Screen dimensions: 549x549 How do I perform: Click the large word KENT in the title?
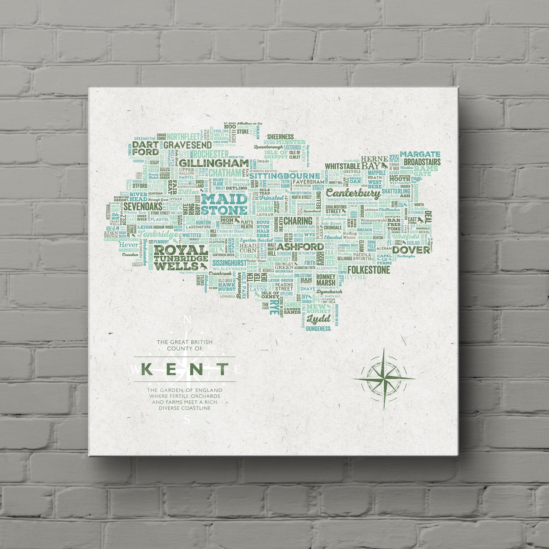185,369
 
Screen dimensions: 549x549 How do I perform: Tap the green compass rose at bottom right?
384,378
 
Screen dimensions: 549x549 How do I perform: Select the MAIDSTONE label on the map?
224,204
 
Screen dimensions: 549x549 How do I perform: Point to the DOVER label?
411,250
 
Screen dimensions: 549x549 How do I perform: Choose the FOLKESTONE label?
369,270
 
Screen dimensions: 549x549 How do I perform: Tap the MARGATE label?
420,154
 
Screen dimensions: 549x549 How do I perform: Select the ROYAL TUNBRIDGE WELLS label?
180,258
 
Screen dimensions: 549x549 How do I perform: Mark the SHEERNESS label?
280,137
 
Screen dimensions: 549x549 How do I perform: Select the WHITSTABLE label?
342,166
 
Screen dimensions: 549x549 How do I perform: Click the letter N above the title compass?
187,320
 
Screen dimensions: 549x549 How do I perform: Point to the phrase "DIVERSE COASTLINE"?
185,408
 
